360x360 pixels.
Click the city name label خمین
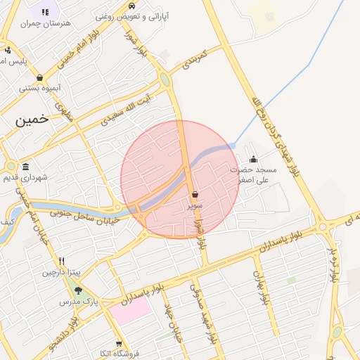[x=32, y=120]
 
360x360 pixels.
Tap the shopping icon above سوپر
[x=195, y=193]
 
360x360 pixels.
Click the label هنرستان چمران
[x=47, y=23]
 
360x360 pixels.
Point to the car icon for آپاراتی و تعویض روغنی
[x=132, y=4]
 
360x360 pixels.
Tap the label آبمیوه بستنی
[x=39, y=89]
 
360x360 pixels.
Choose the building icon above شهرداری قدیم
[x=26, y=167]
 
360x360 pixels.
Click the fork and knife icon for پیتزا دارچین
[x=62, y=260]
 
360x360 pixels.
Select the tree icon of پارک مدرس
[x=78, y=290]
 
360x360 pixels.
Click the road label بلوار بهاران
[x=262, y=286]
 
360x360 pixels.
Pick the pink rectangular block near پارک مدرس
[x=130, y=311]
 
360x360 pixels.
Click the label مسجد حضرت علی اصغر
[x=254, y=175]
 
